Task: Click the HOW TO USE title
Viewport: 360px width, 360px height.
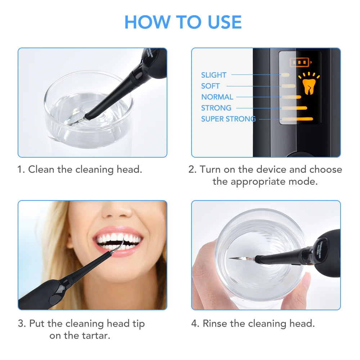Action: [183, 22]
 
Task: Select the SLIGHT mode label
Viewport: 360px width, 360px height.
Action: [213, 75]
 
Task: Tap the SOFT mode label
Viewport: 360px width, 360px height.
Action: [210, 86]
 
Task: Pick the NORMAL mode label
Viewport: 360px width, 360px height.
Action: [217, 97]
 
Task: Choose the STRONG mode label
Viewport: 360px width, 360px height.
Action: [216, 108]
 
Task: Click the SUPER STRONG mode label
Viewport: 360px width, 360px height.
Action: [228, 119]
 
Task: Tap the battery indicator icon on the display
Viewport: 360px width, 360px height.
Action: [299, 63]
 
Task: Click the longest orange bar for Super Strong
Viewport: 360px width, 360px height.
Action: [298, 119]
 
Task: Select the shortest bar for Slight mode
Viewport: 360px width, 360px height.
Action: [285, 75]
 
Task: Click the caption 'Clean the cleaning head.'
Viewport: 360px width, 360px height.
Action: [85, 170]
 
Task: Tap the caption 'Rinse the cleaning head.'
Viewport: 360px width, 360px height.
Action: [258, 323]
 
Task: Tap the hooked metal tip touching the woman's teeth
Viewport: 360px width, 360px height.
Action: [120, 246]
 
